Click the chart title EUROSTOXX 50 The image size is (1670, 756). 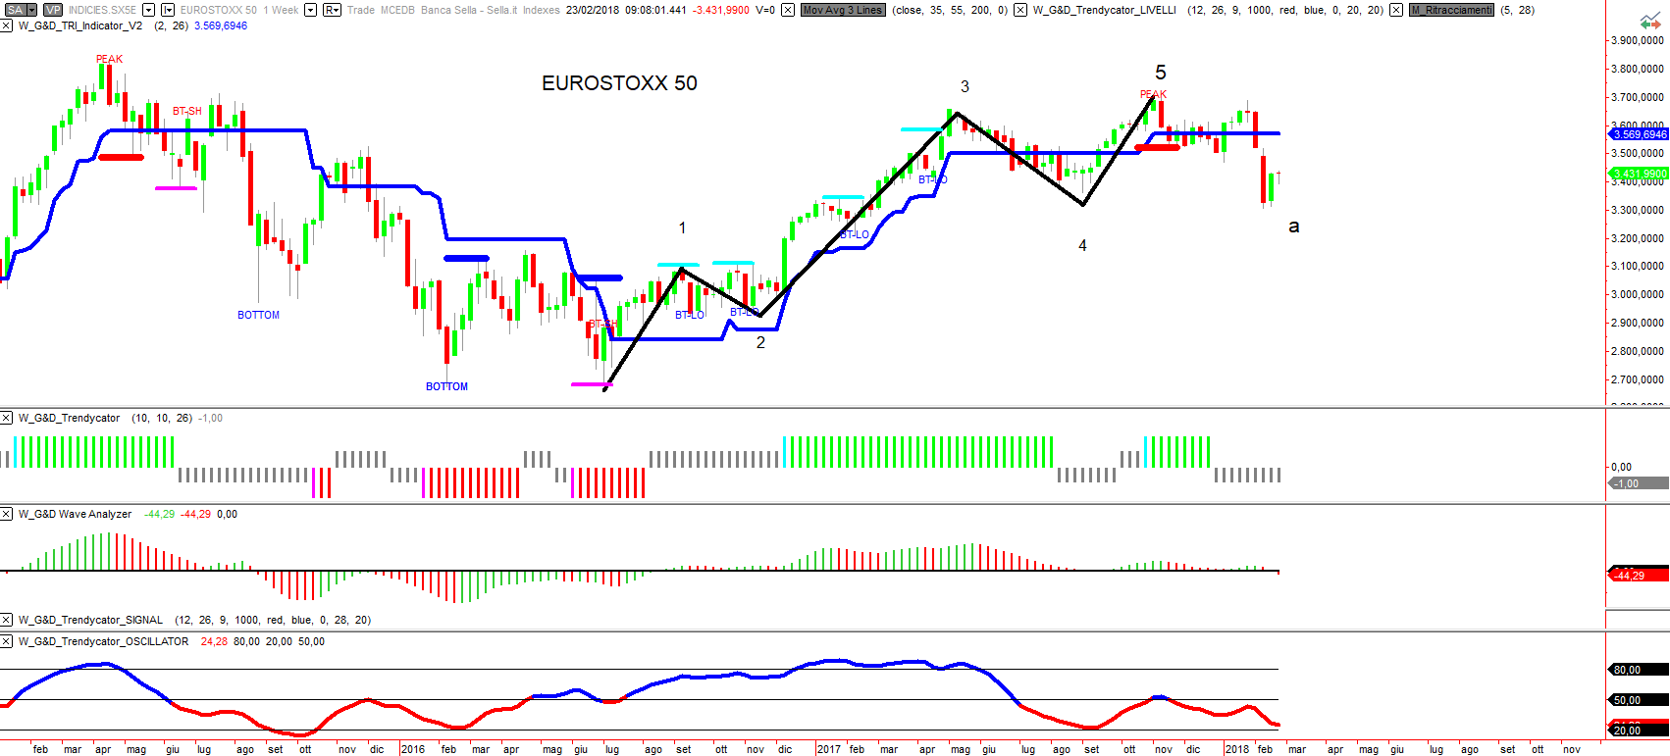pos(619,83)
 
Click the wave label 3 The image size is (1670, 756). pos(965,86)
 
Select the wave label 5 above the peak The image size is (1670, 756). pos(1161,73)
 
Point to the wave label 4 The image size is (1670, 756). pos(1082,245)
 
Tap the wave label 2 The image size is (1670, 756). pos(760,342)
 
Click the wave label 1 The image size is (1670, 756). pos(682,227)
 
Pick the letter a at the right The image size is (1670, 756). pos(1293,227)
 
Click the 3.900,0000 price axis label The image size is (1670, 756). pos(1638,40)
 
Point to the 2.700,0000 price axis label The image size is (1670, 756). pos(1638,379)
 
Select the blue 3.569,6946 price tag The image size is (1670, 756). pos(1639,134)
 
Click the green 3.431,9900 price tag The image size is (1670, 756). pos(1639,174)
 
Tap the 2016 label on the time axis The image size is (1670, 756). pos(413,749)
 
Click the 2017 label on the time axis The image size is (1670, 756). pos(829,749)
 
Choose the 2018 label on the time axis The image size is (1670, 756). pos(1236,749)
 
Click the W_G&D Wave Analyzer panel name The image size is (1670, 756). pos(75,514)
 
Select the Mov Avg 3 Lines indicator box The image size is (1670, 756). pos(843,10)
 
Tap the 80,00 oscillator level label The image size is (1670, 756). pos(1628,670)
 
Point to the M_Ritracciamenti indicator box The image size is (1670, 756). pos(1451,10)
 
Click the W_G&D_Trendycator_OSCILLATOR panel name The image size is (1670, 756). pos(103,641)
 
